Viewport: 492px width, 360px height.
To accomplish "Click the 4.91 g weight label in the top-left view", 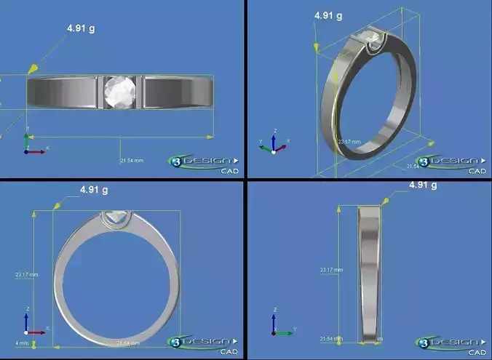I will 82,28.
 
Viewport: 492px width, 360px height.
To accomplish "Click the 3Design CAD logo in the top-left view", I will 204,163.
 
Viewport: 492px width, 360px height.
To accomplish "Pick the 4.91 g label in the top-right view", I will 328,15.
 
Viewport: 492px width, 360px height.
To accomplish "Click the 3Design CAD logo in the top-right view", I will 451,163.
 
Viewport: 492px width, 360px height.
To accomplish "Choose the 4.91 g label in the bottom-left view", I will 94,191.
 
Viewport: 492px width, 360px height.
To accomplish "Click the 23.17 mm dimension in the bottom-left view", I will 26,275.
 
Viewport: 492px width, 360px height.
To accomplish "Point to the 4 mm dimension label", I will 22,343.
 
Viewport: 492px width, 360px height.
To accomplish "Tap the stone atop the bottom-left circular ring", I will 115,216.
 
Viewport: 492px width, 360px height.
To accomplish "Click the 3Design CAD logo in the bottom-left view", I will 204,343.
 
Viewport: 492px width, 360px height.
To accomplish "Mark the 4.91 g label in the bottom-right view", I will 423,185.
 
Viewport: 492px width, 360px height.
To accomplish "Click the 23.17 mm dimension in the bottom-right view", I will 332,270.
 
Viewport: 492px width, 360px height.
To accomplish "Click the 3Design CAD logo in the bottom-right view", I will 451,343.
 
